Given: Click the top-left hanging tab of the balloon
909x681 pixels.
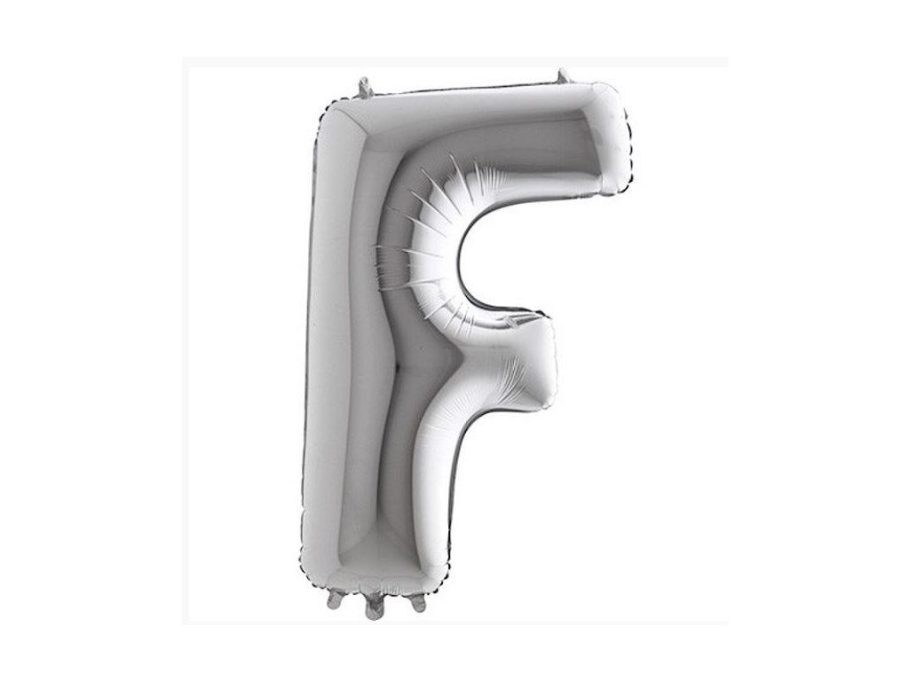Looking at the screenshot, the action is click(x=365, y=87).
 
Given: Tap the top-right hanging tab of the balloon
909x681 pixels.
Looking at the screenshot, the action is click(x=562, y=77).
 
